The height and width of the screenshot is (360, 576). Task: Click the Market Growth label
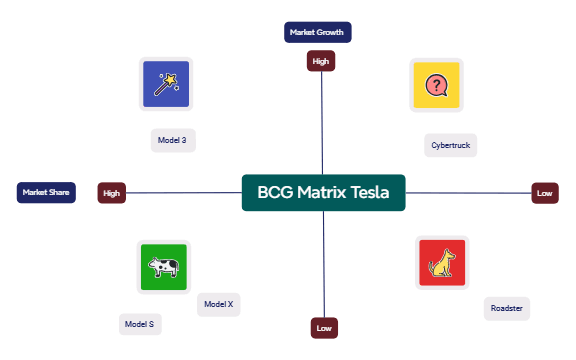tap(317, 32)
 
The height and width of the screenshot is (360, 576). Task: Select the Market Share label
tap(46, 191)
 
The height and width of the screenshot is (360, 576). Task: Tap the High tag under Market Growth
tap(321, 62)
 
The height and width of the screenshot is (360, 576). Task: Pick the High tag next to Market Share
tap(111, 193)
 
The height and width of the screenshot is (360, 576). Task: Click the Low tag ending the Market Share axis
tap(544, 193)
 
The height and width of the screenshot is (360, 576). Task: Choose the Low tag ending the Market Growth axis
tap(323, 327)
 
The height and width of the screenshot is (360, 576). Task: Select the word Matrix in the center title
tap(322, 192)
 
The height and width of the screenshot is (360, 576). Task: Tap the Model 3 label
tap(172, 140)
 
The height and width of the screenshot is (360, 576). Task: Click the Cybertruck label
tap(450, 146)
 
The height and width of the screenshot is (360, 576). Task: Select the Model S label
tap(139, 324)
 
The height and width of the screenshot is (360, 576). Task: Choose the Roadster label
tap(506, 307)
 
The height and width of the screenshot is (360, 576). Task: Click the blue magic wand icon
tap(166, 84)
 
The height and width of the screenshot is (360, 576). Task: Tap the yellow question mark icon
tap(436, 85)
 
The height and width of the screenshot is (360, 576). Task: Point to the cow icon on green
tap(163, 267)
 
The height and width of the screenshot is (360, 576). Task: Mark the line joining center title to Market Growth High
tap(322, 120)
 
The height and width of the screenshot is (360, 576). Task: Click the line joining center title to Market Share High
tap(185, 193)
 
